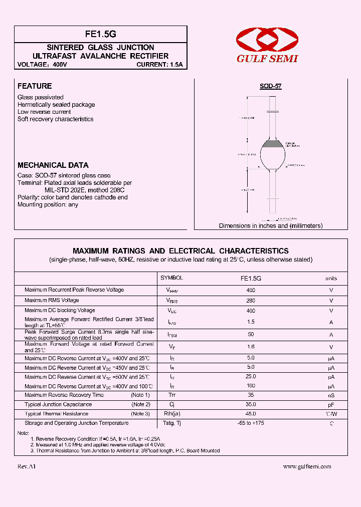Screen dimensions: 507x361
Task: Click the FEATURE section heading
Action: (x=35, y=86)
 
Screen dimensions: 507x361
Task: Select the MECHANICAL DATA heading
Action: (x=53, y=165)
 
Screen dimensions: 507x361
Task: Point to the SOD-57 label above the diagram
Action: (x=270, y=86)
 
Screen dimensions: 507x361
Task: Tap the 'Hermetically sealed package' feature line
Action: (x=56, y=105)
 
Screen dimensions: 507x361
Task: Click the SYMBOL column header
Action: (x=171, y=278)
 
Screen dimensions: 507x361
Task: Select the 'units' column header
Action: (x=331, y=278)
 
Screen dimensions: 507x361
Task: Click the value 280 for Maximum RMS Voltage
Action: (x=251, y=301)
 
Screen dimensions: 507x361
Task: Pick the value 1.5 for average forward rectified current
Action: (x=251, y=322)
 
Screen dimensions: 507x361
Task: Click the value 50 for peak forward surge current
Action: (x=251, y=334)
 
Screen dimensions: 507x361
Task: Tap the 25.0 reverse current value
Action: (x=251, y=377)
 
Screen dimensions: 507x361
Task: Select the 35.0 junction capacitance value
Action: (x=251, y=404)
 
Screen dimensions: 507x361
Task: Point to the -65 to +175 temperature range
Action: (x=251, y=423)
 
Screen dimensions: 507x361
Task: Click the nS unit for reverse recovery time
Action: (x=331, y=396)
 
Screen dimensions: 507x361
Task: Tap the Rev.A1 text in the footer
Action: (x=27, y=466)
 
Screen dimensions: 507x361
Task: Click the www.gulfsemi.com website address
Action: (x=307, y=466)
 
